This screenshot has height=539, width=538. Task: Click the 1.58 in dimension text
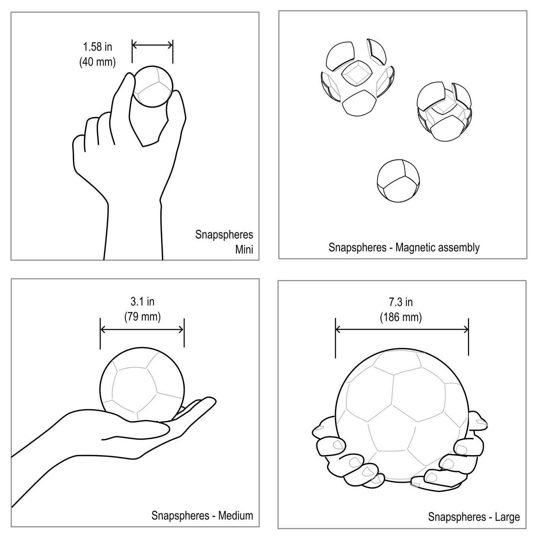click(x=98, y=47)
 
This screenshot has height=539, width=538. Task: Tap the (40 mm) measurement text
click(x=98, y=62)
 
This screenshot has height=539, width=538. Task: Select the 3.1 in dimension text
click(x=142, y=301)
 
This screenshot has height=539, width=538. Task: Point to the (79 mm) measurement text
click(x=142, y=317)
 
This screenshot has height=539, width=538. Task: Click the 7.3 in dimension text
click(x=401, y=302)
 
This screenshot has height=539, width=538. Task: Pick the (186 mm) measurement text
click(x=401, y=317)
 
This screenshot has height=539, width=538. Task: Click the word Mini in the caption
click(x=244, y=250)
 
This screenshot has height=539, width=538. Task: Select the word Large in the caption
click(x=507, y=517)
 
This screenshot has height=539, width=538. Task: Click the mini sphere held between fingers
click(x=152, y=86)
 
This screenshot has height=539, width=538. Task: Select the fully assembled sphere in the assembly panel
click(x=398, y=181)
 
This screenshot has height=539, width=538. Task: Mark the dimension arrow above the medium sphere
click(x=142, y=330)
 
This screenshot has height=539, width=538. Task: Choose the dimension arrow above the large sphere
click(x=402, y=329)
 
